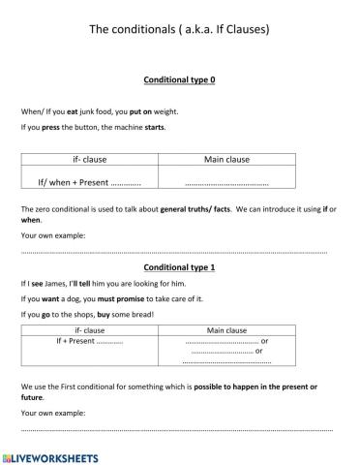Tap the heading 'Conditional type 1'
pyautogui.click(x=179, y=265)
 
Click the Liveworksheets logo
pyautogui.click(x=50, y=454)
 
